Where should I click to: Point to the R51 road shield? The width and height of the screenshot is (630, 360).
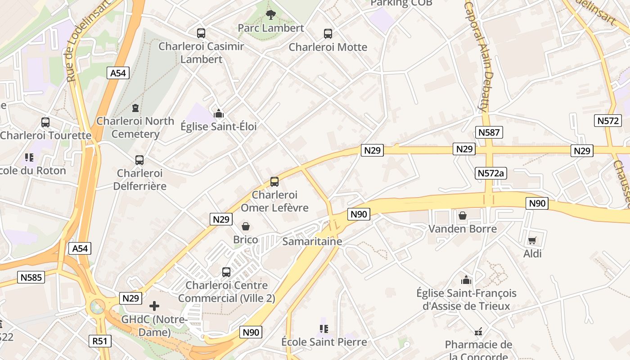pyautogui.click(x=99, y=341)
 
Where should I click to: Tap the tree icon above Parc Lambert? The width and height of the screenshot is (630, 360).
pyautogui.click(x=270, y=15)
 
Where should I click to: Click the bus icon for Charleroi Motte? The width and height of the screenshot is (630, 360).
pyautogui.click(x=328, y=33)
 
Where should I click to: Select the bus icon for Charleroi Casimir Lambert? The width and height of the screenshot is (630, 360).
pyautogui.click(x=201, y=33)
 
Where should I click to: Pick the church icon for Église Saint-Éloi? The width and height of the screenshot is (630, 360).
pyautogui.click(x=219, y=113)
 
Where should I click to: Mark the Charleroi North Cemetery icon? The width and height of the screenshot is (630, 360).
pyautogui.click(x=135, y=108)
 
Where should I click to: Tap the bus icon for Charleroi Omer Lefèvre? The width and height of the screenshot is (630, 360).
pyautogui.click(x=274, y=182)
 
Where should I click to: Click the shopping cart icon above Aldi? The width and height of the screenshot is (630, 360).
pyautogui.click(x=532, y=241)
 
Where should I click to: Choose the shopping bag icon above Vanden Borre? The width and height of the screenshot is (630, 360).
pyautogui.click(x=462, y=216)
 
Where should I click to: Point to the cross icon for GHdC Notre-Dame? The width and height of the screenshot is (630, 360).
pyautogui.click(x=154, y=306)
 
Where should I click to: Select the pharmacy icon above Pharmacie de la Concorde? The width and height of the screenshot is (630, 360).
pyautogui.click(x=478, y=332)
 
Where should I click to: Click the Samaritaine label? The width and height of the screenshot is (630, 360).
pyautogui.click(x=312, y=242)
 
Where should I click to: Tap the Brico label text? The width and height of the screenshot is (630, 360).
pyautogui.click(x=246, y=239)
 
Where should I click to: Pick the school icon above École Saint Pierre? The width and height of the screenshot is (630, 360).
pyautogui.click(x=324, y=329)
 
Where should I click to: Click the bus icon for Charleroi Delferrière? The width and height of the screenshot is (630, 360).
pyautogui.click(x=139, y=160)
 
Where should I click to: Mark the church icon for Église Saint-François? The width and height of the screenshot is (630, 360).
pyautogui.click(x=466, y=280)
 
